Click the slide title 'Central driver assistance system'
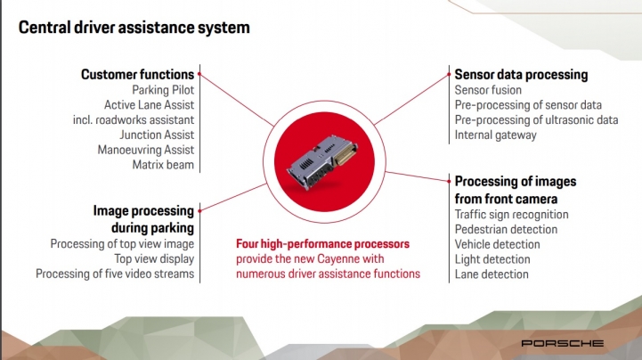coord(134,28)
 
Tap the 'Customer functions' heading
coord(137,74)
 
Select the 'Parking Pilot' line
coord(163,90)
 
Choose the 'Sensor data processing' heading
coord(521,74)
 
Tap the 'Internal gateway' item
coord(496,135)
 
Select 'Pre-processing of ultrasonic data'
coord(536,119)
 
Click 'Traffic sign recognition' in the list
coord(511,214)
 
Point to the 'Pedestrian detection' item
coord(506,229)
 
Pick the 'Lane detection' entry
coord(492,274)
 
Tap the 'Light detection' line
coord(492,258)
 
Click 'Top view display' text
coord(154,258)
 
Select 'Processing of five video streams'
coord(115,274)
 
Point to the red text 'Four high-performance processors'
coord(322,243)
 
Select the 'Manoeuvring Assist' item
coord(145,150)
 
